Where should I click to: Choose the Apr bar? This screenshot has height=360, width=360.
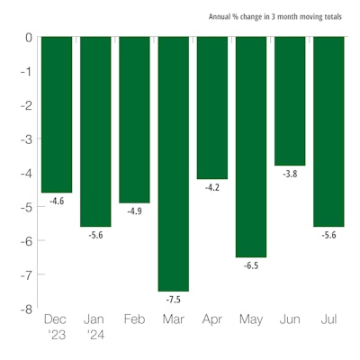212,108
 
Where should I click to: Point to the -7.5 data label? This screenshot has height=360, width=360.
174,298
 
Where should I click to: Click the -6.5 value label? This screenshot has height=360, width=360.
250,265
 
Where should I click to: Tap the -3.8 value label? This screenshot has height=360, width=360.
289,174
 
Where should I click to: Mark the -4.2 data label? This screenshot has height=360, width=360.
212,187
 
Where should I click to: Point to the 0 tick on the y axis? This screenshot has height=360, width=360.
28,38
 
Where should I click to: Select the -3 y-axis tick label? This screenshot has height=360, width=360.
26,139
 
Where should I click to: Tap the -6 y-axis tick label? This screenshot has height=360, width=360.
26,241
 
